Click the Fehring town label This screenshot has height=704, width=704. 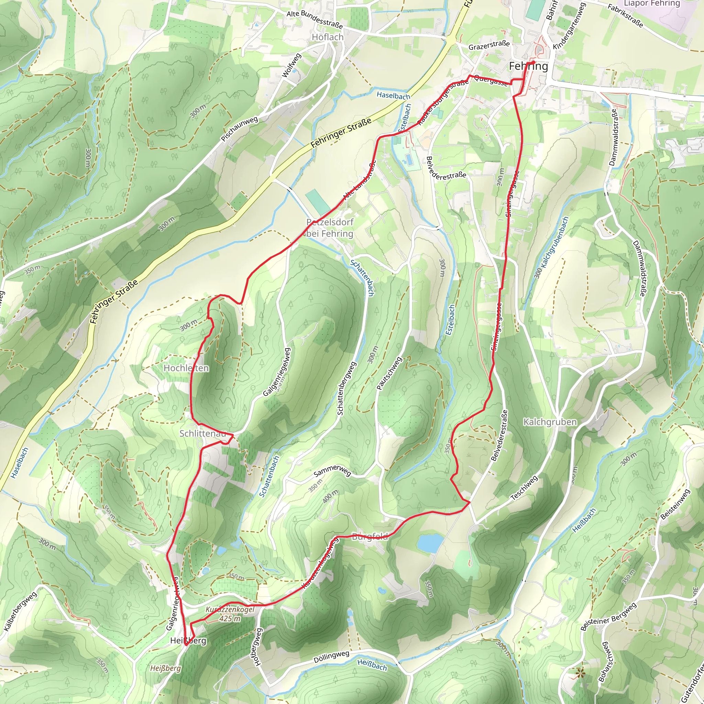[528, 66]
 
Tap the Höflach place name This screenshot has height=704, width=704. [328, 37]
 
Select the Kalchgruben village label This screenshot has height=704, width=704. [550, 422]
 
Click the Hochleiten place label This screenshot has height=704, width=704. [186, 368]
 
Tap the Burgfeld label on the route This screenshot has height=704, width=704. [370, 536]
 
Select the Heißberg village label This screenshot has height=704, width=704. [188, 641]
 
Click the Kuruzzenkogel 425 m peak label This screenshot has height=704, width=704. [230, 614]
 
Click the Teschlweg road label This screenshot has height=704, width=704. [524, 488]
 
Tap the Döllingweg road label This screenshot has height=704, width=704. [331, 657]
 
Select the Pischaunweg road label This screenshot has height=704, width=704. [239, 129]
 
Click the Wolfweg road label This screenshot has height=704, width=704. [292, 65]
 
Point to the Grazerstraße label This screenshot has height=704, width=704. [489, 46]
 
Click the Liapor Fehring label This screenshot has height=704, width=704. [651, 4]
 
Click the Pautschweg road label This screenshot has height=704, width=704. [389, 374]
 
